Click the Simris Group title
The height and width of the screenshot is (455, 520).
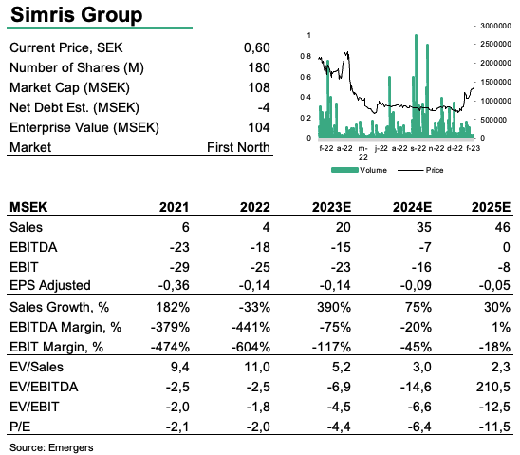77,15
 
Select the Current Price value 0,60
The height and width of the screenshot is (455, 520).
257,47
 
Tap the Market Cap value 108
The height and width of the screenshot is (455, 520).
259,87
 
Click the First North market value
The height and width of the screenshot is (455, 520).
238,147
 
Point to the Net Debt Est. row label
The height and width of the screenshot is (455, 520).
75,108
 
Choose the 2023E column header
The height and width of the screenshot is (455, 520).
331,207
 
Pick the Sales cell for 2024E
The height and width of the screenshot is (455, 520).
423,227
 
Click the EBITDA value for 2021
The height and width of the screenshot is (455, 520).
179,247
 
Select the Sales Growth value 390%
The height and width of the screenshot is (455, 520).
334,307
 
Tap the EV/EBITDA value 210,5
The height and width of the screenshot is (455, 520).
493,387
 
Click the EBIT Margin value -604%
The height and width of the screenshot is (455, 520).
251,347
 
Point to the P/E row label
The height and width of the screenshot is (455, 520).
20,427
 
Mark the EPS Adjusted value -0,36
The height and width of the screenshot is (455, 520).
174,285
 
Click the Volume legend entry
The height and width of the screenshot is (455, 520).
359,170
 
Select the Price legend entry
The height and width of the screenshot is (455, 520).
420,170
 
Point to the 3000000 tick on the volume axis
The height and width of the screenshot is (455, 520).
495,26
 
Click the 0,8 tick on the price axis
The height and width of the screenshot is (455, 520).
306,56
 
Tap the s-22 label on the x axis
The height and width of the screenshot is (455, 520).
418,148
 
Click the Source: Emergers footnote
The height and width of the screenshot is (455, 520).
51,447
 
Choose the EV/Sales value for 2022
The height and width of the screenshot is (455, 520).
257,367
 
